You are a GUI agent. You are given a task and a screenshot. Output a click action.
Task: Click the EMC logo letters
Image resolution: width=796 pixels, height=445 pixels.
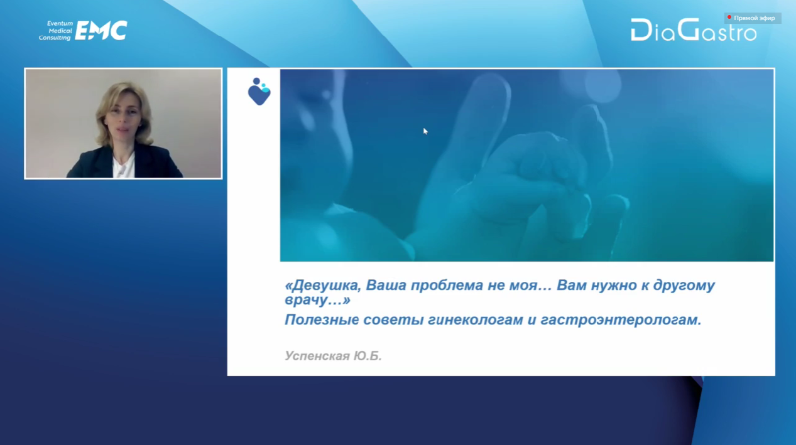(101, 30)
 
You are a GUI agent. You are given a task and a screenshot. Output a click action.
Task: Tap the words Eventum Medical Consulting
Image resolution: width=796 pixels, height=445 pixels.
(56, 31)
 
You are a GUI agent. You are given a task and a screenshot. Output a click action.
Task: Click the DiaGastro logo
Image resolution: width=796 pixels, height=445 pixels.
(694, 30)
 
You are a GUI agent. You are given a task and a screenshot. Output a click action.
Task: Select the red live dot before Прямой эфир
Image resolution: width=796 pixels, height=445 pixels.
(729, 17)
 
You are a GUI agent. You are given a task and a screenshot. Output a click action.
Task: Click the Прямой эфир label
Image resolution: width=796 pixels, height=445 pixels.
(755, 18)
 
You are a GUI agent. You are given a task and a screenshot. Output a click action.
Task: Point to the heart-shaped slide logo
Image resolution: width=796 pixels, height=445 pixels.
(259, 92)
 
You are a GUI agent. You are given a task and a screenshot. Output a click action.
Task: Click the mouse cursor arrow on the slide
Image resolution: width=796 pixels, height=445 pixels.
(425, 131)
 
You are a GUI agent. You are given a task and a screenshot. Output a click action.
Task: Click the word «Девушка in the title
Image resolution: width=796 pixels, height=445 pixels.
(323, 285)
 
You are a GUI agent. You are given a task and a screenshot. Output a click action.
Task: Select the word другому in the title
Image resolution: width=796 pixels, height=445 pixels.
(684, 286)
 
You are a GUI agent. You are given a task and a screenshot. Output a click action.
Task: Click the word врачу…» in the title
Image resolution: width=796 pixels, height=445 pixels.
(317, 300)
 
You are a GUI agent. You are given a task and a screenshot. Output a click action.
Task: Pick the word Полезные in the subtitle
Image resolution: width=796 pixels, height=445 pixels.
(322, 319)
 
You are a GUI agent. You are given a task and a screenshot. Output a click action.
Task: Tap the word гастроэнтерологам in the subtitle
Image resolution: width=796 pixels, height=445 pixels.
(621, 320)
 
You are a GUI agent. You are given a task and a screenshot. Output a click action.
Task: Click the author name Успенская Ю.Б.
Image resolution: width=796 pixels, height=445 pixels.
(333, 355)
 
